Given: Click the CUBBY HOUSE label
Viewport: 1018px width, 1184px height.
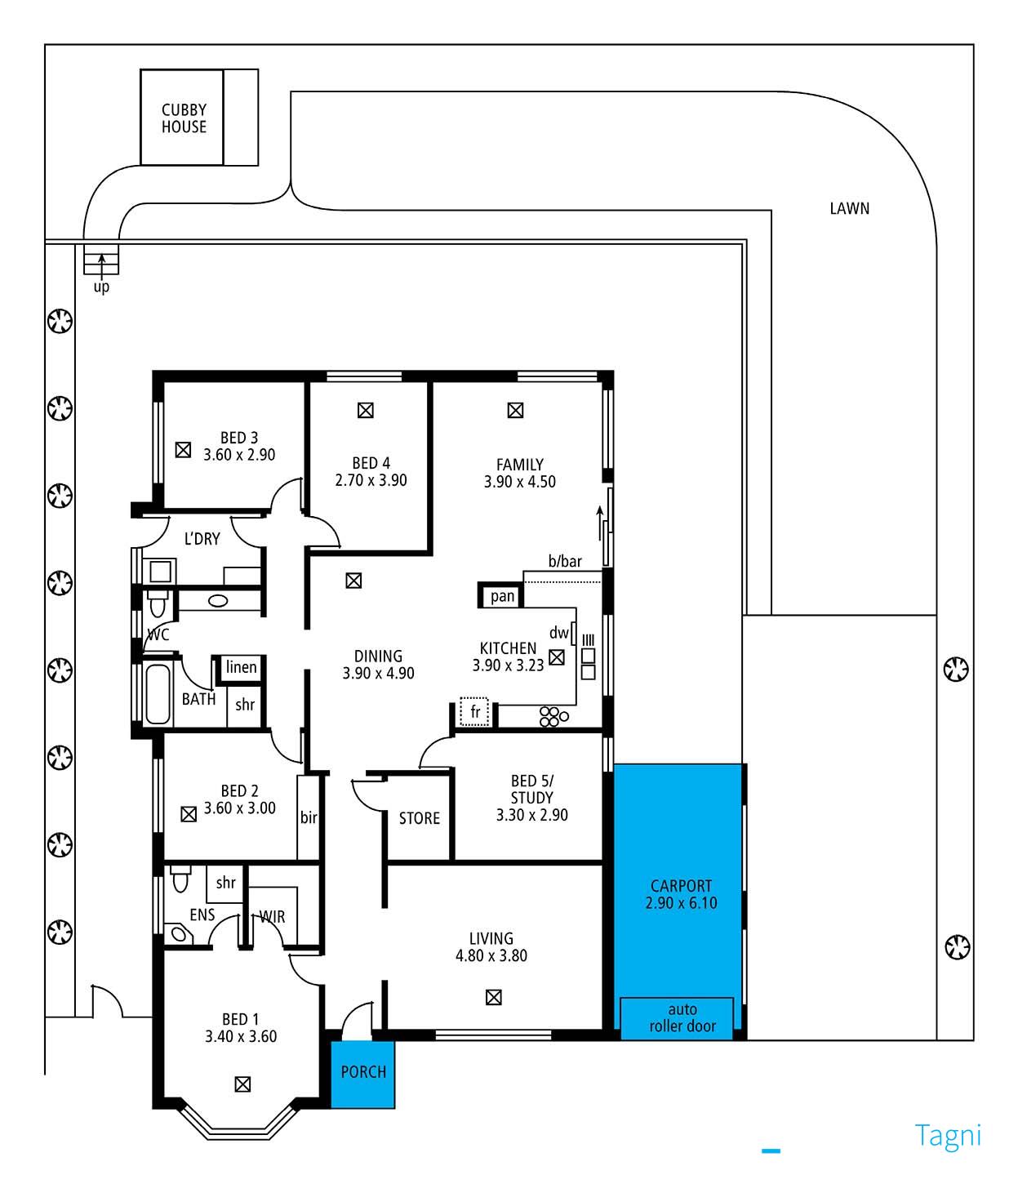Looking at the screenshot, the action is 184,118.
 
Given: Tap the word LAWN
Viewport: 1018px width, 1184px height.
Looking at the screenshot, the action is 849,208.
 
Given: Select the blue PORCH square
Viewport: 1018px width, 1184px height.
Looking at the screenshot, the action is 363,1075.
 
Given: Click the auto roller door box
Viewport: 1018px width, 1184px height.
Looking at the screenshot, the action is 676,1018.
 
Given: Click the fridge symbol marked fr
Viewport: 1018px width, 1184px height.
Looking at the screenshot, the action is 474,712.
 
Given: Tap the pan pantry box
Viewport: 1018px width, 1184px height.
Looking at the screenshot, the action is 501,596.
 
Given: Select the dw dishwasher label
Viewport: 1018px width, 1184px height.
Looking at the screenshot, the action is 559,632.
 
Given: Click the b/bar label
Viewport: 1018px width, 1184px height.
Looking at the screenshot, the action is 565,561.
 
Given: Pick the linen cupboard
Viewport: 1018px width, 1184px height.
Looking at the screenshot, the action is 241,668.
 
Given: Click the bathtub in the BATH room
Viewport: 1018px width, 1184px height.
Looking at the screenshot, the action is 158,693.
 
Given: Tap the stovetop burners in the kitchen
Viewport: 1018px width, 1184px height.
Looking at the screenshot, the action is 553,717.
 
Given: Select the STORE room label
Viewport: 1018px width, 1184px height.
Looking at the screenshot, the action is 419,818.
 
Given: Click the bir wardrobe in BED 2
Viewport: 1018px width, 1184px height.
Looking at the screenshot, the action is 308,817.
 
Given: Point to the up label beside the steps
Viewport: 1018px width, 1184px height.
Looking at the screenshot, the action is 101,287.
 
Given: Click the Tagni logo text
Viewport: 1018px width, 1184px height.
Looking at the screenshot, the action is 948,1136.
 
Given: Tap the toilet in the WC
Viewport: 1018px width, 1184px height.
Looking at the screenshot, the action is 156,603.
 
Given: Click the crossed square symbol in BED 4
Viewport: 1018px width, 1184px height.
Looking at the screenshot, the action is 365,411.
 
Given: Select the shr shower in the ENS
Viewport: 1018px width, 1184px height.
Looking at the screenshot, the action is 224,883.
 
